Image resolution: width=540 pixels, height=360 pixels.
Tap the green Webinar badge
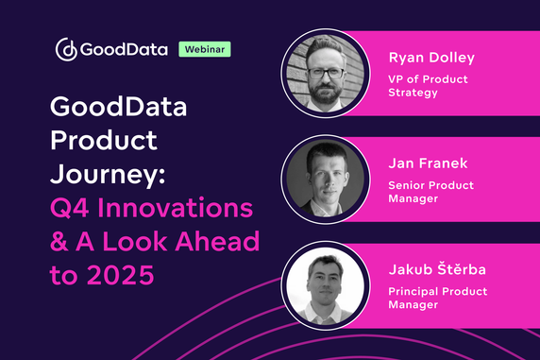pyautogui.click(x=205, y=48)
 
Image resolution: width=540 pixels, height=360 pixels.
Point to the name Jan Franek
pyautogui.click(x=423, y=166)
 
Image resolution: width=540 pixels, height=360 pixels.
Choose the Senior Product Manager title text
pyautogui.click(x=430, y=193)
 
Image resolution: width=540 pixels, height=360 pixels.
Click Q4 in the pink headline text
pyautogui.click(x=72, y=211)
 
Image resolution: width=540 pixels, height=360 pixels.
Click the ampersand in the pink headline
pyautogui.click(x=59, y=243)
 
